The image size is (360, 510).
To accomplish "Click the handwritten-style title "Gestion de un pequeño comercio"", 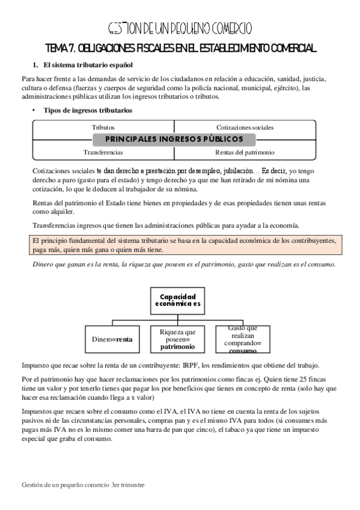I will (180, 28).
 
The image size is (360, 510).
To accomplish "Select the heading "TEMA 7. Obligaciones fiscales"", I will (180, 48).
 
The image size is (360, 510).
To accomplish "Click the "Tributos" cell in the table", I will (103, 127).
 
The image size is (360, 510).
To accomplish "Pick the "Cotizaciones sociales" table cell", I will (245, 127).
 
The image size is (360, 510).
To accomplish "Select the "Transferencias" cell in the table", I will (103, 152).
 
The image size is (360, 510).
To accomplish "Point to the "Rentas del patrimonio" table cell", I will (245, 152).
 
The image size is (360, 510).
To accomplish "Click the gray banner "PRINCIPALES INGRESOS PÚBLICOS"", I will (174, 140).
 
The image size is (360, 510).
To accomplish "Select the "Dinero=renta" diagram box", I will (112, 339).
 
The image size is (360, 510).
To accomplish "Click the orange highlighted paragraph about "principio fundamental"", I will (180, 245).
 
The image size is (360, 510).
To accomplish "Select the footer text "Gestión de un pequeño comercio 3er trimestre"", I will (83, 484).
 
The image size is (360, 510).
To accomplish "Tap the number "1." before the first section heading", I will (34, 64).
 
